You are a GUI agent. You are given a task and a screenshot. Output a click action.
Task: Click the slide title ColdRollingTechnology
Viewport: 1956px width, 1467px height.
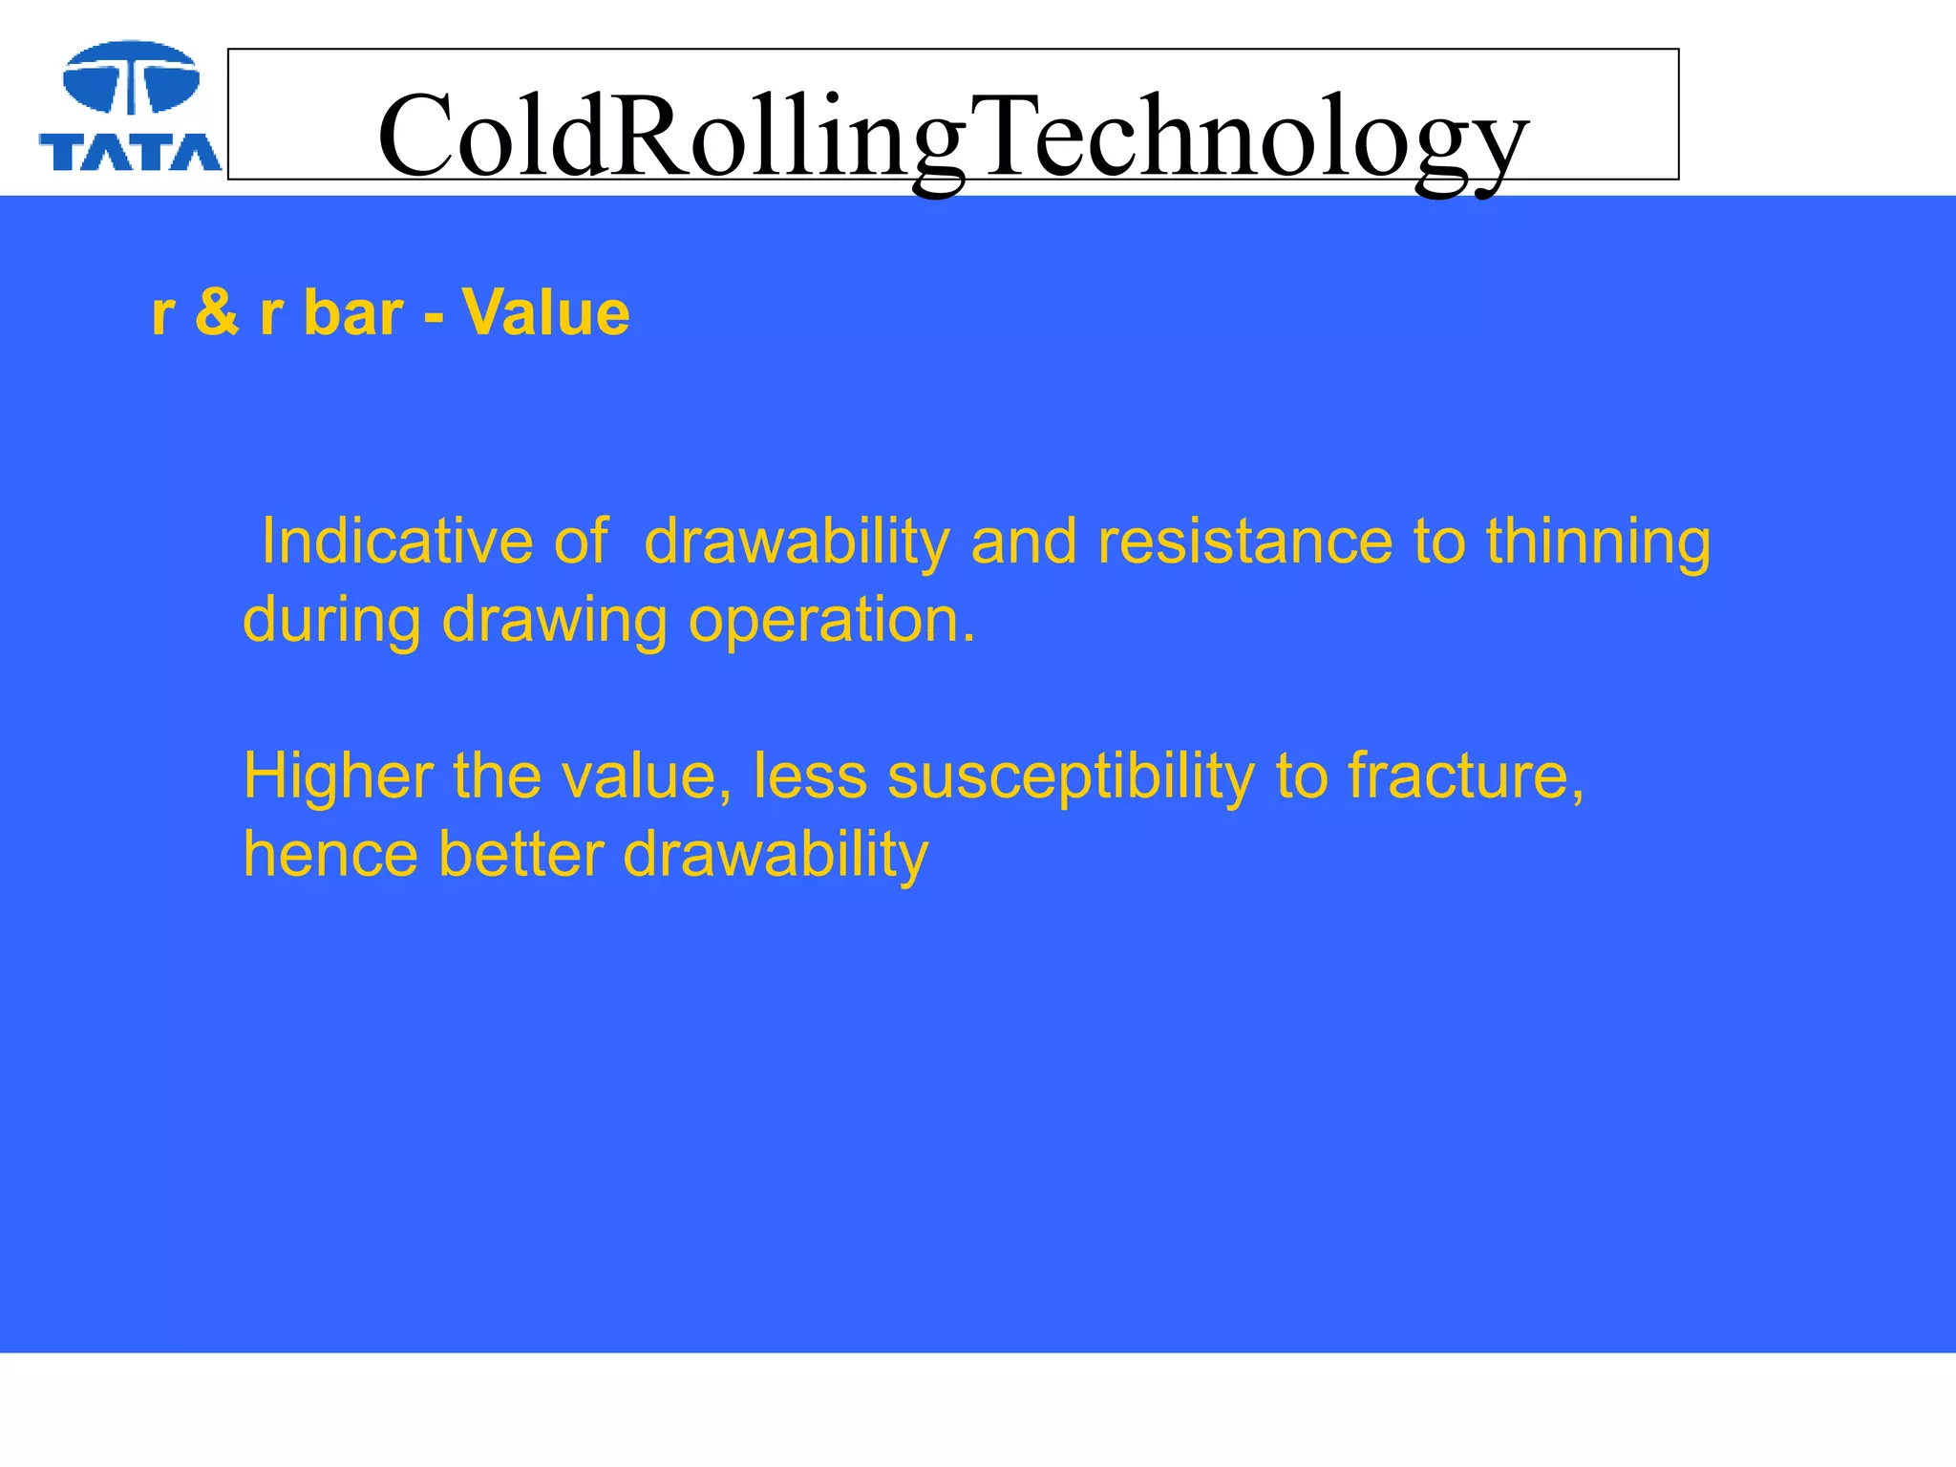pos(952,136)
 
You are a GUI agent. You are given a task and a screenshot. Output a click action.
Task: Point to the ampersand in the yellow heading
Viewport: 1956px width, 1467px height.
pos(217,312)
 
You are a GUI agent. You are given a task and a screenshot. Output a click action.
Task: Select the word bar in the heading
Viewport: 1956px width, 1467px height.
pos(353,312)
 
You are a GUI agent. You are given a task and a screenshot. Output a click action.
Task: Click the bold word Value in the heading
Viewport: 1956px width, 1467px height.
pos(545,312)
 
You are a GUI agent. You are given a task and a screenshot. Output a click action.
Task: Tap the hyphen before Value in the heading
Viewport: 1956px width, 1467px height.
pos(434,315)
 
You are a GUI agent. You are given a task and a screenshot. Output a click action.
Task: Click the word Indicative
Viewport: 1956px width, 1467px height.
pos(396,542)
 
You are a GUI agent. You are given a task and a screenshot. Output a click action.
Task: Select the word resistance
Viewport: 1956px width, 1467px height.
pos(1245,542)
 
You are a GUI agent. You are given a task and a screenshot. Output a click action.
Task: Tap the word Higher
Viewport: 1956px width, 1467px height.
pos(339,776)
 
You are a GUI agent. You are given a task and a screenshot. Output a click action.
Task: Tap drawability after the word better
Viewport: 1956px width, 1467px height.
pos(776,856)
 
